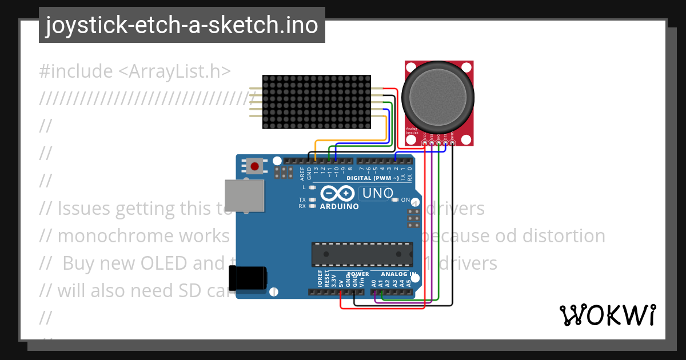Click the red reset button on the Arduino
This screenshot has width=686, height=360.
(x=255, y=167)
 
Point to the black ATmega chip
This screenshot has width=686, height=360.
(x=362, y=254)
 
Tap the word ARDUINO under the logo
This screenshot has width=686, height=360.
(x=340, y=206)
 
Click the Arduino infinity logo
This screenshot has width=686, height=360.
(x=339, y=193)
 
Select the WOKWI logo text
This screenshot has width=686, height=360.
(x=608, y=315)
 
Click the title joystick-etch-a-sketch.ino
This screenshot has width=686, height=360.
(x=182, y=25)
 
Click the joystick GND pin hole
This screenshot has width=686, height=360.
(x=453, y=143)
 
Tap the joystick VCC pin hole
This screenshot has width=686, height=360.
(x=425, y=143)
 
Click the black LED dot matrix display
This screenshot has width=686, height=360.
(x=316, y=102)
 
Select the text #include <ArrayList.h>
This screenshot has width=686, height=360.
(x=135, y=71)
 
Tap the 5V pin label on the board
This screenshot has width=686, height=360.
(x=341, y=282)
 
